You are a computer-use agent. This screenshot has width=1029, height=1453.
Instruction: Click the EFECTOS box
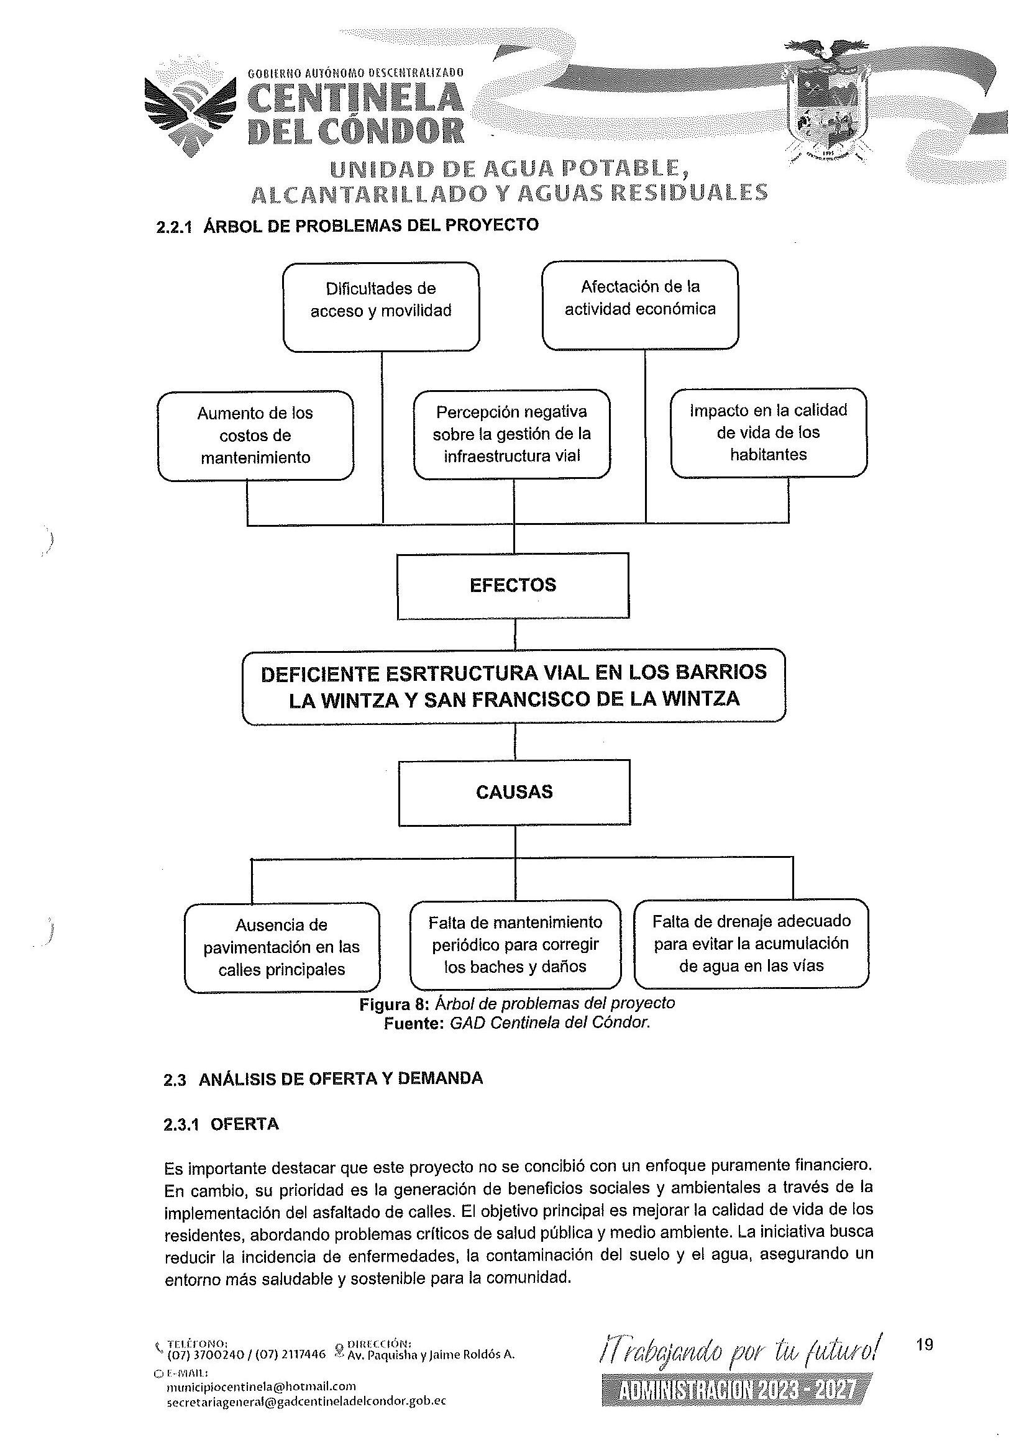click(x=513, y=585)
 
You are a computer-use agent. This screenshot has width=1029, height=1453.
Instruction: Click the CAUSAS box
click(x=514, y=793)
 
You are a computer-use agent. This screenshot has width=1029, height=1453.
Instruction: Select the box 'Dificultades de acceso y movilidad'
click(x=381, y=306)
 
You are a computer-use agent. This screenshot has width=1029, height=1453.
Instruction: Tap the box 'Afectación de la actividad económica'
click(x=640, y=304)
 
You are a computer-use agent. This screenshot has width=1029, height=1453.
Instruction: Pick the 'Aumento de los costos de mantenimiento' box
click(x=255, y=435)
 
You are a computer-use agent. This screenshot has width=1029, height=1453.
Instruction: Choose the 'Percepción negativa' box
click(x=511, y=433)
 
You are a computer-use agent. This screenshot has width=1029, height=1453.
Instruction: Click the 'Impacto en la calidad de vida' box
click(x=768, y=432)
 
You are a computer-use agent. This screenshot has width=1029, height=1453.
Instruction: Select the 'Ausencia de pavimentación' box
click(x=281, y=947)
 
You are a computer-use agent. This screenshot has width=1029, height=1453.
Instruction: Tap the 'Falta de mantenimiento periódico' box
click(x=514, y=944)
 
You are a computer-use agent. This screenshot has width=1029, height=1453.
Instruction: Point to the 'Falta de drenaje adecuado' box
click(x=751, y=943)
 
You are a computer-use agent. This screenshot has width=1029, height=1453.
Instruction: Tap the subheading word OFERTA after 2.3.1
click(x=245, y=1124)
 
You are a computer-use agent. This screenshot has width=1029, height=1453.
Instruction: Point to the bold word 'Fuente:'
click(x=413, y=1023)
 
